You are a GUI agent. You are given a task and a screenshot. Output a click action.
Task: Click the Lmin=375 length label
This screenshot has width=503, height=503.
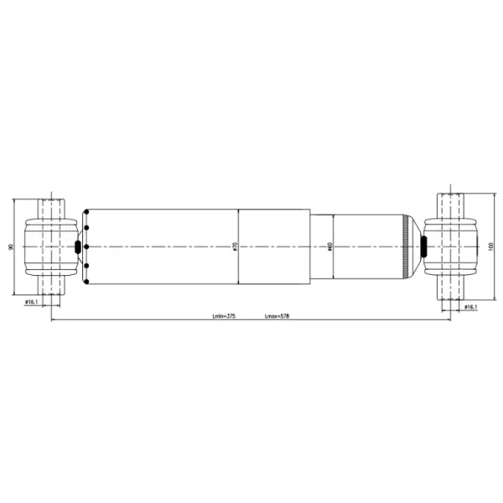click(223, 317)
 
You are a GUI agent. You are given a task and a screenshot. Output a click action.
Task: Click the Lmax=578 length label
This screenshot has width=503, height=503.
click(277, 317)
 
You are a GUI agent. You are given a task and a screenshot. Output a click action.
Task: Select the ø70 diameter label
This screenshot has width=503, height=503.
click(236, 246)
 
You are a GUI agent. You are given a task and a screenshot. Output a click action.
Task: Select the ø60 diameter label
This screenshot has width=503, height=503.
click(331, 246)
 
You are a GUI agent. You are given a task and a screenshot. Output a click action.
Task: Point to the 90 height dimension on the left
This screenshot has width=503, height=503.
click(11, 246)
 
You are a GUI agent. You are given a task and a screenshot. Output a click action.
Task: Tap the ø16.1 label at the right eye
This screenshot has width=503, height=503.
click(470, 308)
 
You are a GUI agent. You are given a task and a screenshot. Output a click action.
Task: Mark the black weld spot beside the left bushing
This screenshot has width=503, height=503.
click(79, 246)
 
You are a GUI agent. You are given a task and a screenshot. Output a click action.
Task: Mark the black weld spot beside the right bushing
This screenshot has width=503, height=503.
click(423, 246)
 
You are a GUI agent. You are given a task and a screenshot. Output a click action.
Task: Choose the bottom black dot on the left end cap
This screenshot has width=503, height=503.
click(86, 266)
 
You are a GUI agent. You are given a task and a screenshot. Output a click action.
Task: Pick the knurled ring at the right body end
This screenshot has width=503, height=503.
click(408, 246)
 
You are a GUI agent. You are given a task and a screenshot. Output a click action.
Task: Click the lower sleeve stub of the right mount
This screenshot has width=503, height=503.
click(451, 289)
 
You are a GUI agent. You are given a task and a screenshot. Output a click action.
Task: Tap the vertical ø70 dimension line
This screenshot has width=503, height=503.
click(240, 268)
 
